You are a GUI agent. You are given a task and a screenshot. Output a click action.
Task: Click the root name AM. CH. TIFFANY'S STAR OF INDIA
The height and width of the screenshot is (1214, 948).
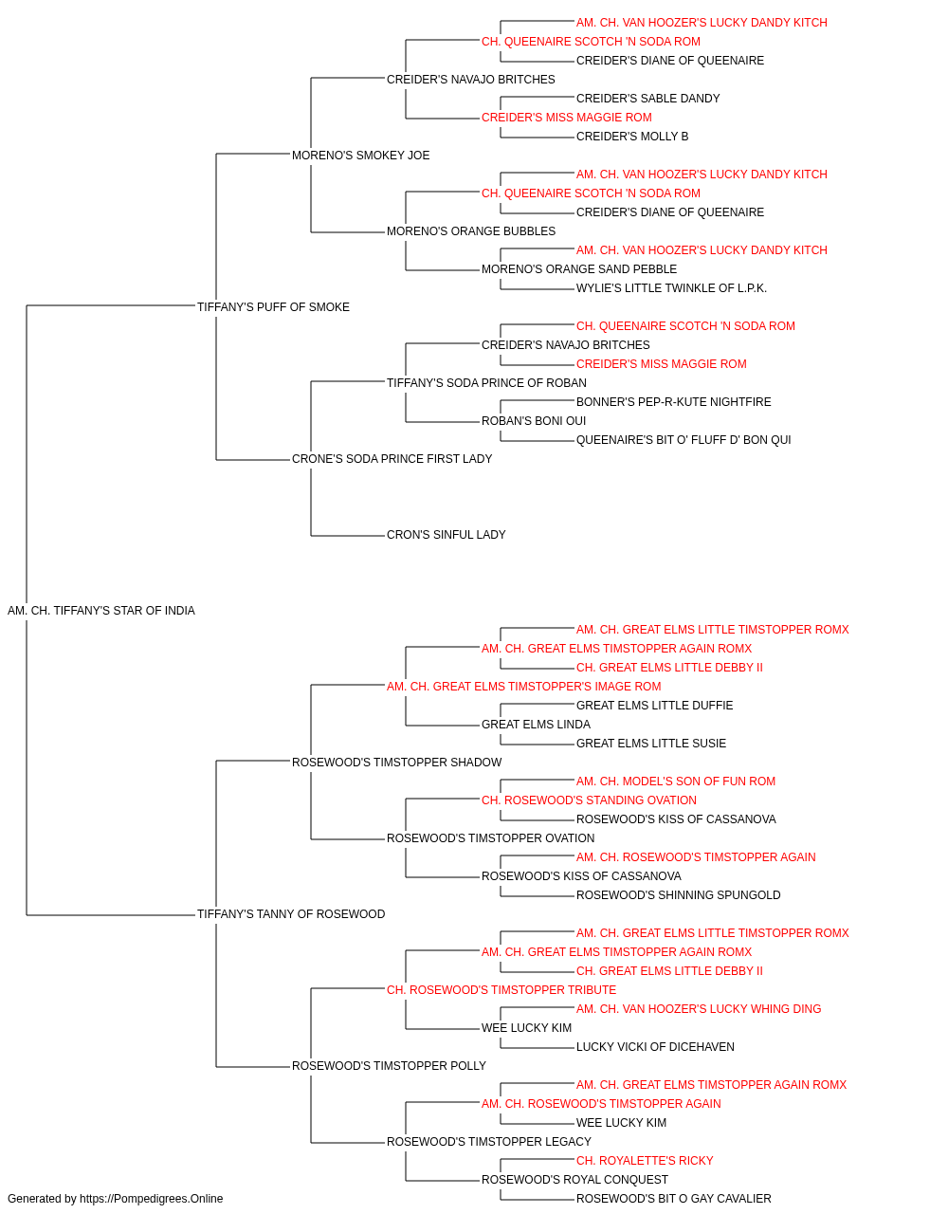pyautogui.click(x=101, y=611)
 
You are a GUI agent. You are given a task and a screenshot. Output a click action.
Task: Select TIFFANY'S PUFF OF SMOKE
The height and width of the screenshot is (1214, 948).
pyautogui.click(x=273, y=307)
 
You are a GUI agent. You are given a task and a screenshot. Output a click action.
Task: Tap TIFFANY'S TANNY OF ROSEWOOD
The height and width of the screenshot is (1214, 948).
pyautogui.click(x=291, y=914)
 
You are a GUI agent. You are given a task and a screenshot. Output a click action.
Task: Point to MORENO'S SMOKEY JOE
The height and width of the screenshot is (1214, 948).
pyautogui.click(x=360, y=156)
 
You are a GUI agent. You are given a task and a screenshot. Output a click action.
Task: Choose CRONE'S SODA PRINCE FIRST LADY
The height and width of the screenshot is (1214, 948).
pyautogui.click(x=392, y=459)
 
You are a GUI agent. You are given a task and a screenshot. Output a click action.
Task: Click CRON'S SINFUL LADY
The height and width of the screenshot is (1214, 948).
pyautogui.click(x=447, y=535)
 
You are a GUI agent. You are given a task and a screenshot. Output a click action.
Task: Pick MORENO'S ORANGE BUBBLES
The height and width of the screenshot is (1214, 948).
pyautogui.click(x=471, y=231)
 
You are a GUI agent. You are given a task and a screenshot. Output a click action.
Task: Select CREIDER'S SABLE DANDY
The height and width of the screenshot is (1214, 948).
pyautogui.click(x=647, y=99)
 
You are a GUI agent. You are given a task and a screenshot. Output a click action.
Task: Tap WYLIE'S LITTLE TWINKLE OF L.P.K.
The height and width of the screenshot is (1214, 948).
pyautogui.click(x=671, y=288)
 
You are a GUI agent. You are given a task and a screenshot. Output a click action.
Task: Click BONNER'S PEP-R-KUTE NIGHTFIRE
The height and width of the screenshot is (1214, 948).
pyautogui.click(x=673, y=402)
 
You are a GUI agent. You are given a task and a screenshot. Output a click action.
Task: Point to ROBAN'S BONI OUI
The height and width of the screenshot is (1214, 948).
pyautogui.click(x=534, y=421)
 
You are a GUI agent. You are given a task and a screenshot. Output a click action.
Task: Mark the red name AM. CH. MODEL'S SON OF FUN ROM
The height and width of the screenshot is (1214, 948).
pyautogui.click(x=676, y=781)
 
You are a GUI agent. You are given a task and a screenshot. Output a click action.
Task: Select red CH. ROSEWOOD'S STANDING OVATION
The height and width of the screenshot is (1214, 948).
pyautogui.click(x=589, y=800)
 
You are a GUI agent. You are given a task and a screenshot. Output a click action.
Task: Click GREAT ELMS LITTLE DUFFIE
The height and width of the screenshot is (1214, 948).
pyautogui.click(x=654, y=705)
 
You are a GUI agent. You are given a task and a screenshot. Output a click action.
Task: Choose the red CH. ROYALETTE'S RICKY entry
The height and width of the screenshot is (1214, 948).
pyautogui.click(x=645, y=1160)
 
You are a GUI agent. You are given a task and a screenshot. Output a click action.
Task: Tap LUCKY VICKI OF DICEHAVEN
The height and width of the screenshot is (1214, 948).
pyautogui.click(x=655, y=1047)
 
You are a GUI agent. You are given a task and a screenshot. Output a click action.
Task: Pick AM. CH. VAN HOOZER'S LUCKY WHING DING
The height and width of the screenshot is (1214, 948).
pyautogui.click(x=699, y=1009)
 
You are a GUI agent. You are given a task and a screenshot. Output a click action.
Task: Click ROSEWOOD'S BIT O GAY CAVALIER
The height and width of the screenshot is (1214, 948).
pyautogui.click(x=673, y=1199)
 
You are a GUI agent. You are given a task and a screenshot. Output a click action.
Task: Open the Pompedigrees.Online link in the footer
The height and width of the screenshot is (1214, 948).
pyautogui.click(x=152, y=1199)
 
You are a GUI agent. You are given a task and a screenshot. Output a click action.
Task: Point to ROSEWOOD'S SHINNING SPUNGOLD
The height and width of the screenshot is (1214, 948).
pyautogui.click(x=679, y=895)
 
